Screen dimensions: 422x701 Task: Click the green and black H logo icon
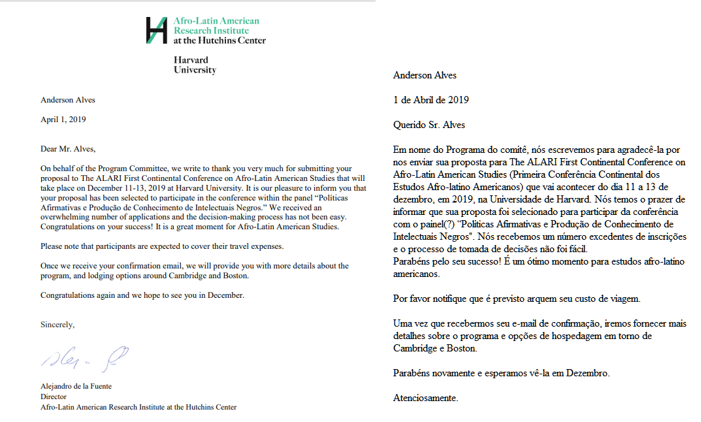click(157, 31)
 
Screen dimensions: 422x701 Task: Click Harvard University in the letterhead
click(195, 65)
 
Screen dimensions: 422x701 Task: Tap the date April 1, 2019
click(63, 120)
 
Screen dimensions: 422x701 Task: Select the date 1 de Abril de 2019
click(431, 100)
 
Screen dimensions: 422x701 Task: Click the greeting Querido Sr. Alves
click(429, 125)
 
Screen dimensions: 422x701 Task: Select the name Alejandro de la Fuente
click(76, 386)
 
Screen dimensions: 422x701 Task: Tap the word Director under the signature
click(54, 397)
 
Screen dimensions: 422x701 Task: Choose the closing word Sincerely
click(57, 325)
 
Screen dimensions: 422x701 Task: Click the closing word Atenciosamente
click(425, 398)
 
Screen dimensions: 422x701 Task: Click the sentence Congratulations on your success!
click(98, 227)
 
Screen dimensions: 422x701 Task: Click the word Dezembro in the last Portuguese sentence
click(587, 373)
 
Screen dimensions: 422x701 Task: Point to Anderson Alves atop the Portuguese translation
click(425, 75)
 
